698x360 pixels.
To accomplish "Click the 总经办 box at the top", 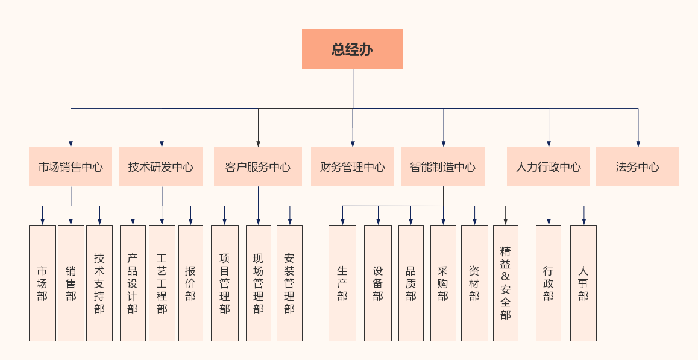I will (352, 49).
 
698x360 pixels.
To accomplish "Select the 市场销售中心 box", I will (71, 166).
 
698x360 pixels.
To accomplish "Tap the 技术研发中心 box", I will (161, 166).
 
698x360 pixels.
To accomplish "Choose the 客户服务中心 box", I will (258, 166).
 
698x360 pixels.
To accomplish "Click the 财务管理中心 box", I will (352, 166).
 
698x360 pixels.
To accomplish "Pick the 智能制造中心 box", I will (443, 166).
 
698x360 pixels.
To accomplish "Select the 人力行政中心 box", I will (548, 166).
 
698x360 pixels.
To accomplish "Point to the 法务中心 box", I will (637, 166).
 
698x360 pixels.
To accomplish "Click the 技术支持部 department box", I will (99, 283).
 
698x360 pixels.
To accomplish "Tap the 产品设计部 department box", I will (133, 283).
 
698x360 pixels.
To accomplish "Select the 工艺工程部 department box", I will (162, 283).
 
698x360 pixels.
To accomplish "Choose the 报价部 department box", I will (190, 283).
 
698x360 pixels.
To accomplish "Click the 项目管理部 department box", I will (224, 283).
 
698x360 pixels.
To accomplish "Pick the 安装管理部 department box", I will (289, 283).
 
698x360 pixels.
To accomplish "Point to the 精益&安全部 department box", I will (505, 283).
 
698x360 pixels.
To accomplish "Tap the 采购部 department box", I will (443, 283).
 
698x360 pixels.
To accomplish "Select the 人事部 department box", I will (583, 283).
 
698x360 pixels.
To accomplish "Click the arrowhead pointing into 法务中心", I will (638, 144).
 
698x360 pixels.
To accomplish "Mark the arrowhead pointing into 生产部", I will (342, 222).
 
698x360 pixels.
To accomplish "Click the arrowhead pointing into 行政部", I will (549, 222).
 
